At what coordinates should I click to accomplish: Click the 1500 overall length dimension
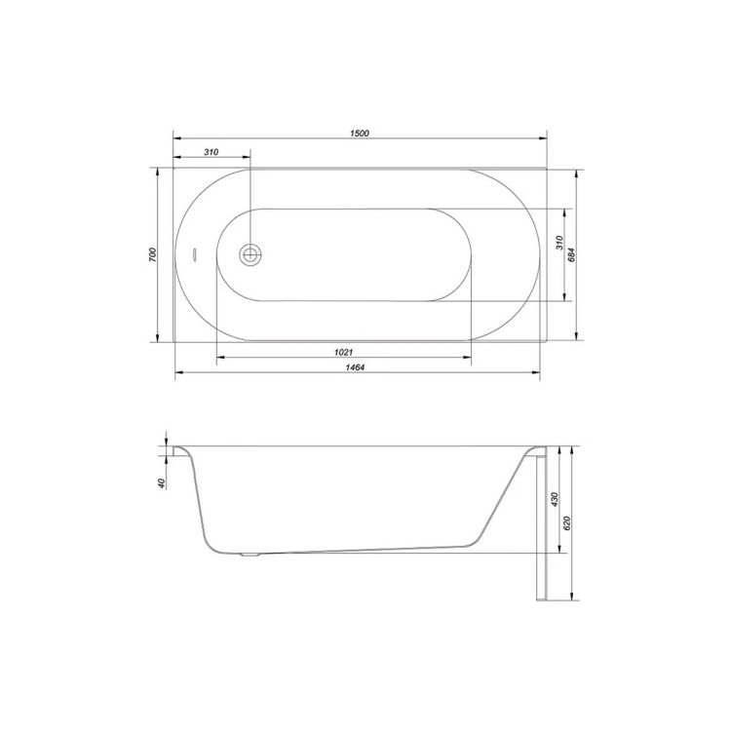[360, 134]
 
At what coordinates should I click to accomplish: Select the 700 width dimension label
[153, 254]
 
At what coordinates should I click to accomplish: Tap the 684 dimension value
[572, 254]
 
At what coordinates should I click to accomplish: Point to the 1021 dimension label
[344, 353]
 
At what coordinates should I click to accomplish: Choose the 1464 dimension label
[355, 367]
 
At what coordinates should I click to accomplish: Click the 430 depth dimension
[555, 499]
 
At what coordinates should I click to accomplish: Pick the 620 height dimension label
[567, 523]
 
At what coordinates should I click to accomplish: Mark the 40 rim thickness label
[162, 483]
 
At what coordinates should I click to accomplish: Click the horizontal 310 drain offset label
[212, 152]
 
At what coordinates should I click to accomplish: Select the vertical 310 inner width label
[559, 243]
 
